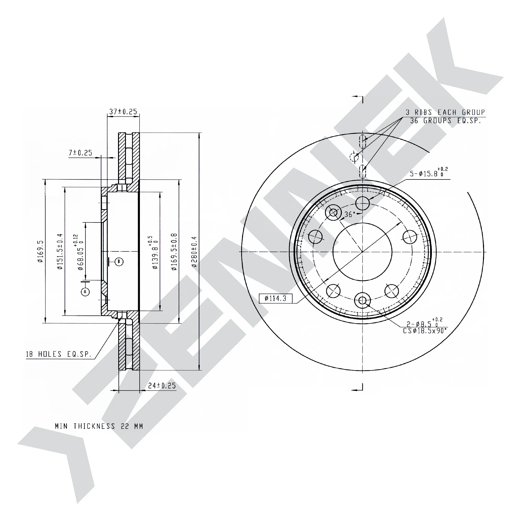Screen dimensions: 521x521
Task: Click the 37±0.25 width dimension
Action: [x=123, y=111]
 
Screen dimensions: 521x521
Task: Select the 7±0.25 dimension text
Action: [x=80, y=153]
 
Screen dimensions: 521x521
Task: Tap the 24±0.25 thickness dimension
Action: [x=162, y=386]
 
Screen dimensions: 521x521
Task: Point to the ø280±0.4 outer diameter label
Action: [x=194, y=252]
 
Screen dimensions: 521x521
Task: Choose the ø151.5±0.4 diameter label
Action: [x=60, y=251]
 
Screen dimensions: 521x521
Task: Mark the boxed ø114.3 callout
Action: [x=275, y=298]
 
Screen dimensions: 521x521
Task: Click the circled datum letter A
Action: [x=85, y=292]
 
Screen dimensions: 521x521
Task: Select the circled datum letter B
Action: [x=119, y=262]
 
